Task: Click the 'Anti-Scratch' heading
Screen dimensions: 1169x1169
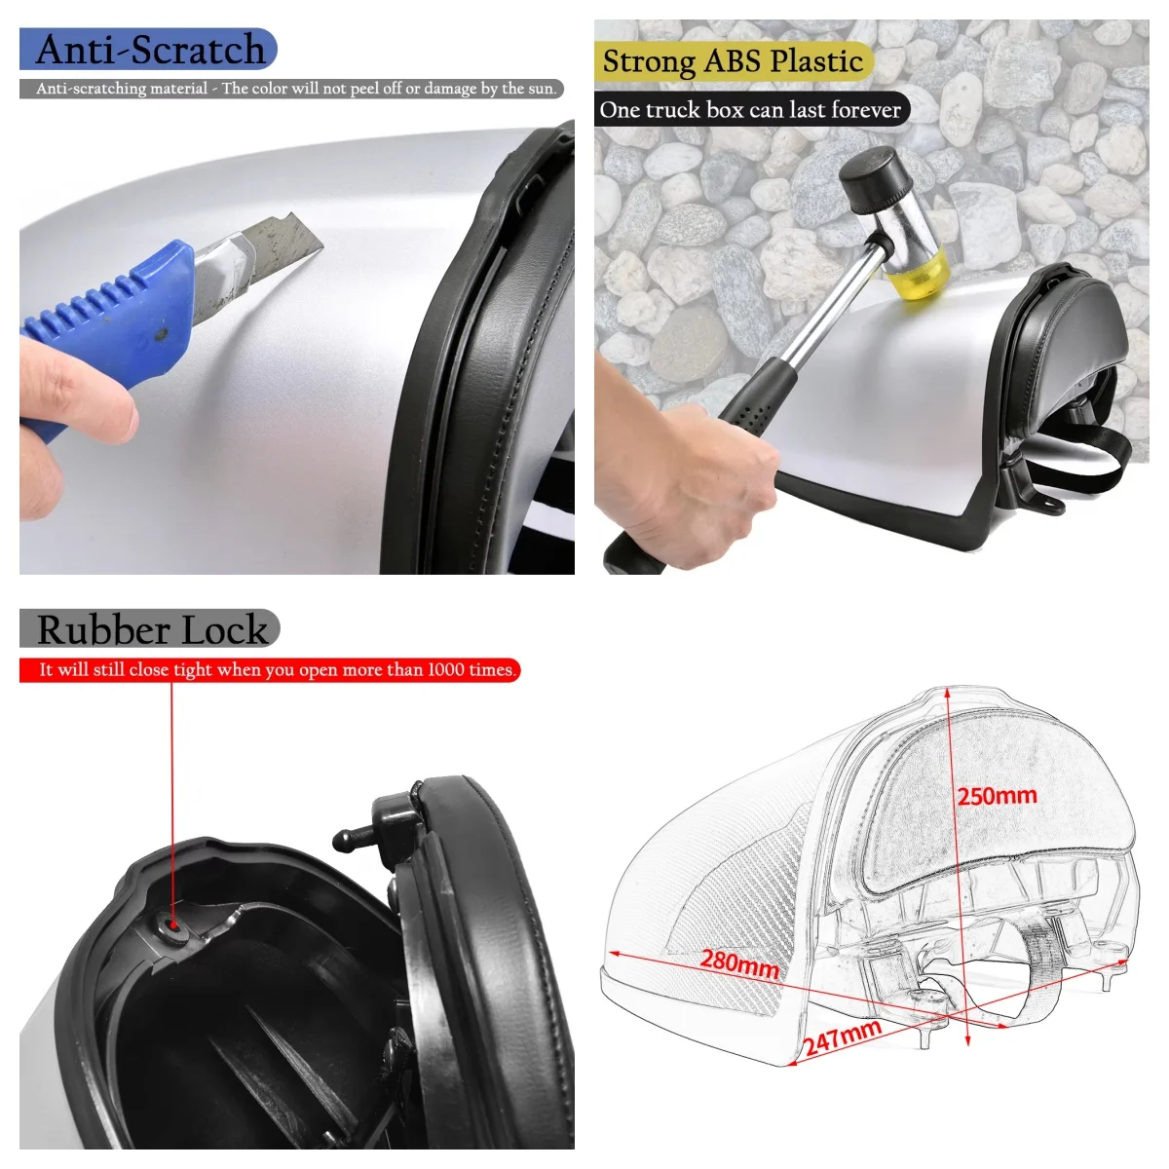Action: (150, 50)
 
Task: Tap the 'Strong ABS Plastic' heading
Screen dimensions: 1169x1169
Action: (733, 61)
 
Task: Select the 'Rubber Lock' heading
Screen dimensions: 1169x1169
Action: (151, 629)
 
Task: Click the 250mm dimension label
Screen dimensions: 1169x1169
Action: (997, 796)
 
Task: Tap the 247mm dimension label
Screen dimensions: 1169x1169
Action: (843, 1038)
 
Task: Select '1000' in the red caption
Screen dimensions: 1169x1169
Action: (446, 670)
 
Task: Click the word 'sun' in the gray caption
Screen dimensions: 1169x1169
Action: (541, 89)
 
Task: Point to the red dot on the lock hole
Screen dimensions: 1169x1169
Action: (173, 924)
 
